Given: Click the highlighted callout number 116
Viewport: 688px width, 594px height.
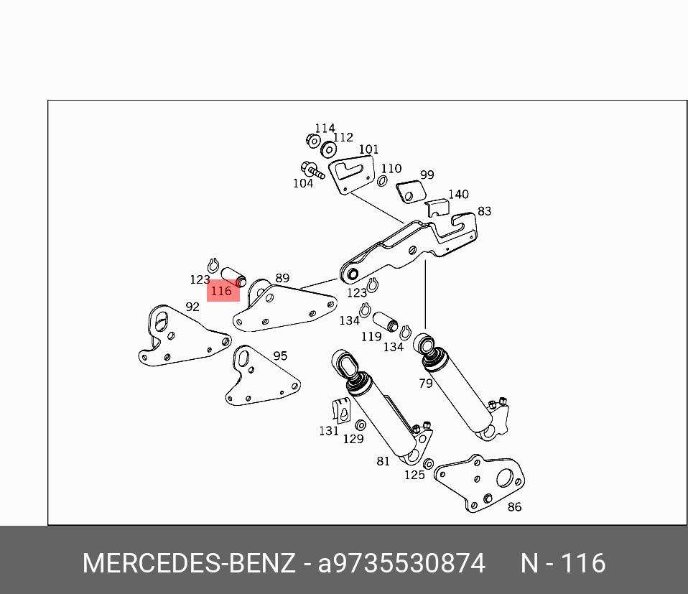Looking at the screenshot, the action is click(222, 291).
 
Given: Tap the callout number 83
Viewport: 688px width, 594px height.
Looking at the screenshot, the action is click(484, 211).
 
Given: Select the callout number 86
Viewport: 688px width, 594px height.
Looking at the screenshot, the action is click(514, 506).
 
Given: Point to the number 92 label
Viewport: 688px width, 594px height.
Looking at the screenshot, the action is click(192, 307).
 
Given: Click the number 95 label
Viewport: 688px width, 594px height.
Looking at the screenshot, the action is click(280, 356).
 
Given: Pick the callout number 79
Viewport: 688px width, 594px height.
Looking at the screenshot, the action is click(426, 384).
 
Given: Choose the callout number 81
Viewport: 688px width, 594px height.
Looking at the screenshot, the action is click(383, 461).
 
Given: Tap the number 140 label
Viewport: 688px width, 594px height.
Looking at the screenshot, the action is click(458, 195).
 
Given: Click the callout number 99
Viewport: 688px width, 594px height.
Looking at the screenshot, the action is click(427, 175).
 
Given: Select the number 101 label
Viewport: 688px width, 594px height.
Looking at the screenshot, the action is click(368, 149).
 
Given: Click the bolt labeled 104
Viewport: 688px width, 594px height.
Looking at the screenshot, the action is click(312, 170).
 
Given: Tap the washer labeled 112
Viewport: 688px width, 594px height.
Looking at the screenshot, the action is click(329, 149).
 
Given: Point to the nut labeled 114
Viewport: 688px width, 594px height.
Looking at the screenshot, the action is click(313, 140).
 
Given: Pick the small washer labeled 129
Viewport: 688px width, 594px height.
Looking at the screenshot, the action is click(361, 426).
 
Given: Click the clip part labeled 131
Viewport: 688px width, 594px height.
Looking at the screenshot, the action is click(341, 409).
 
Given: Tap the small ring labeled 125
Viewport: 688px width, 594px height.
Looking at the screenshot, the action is click(429, 464).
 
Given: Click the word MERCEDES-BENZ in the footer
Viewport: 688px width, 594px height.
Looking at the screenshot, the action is click(188, 563).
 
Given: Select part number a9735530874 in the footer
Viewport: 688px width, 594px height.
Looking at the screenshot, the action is click(401, 563).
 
